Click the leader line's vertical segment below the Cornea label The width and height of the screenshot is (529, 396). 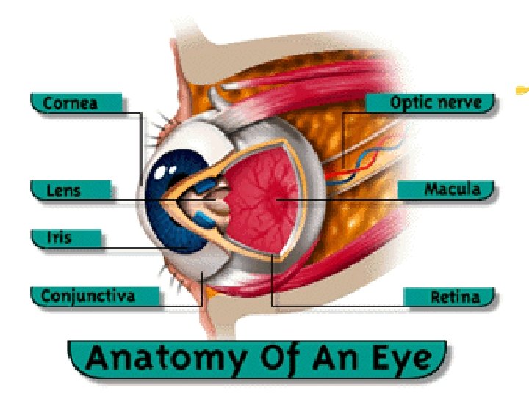141,147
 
